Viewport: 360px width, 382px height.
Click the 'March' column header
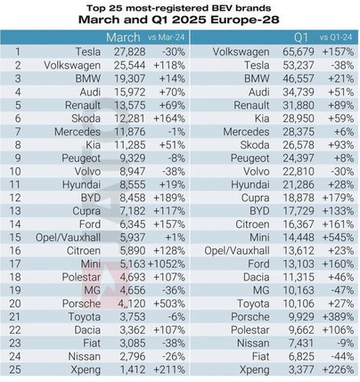click(x=123, y=37)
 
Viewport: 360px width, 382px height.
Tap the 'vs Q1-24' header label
click(x=336, y=37)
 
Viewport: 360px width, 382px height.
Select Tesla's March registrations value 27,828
click(x=130, y=52)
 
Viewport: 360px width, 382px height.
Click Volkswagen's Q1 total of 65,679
click(x=299, y=52)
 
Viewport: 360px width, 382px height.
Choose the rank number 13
click(x=15, y=211)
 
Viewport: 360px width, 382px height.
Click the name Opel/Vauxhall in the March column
click(x=68, y=238)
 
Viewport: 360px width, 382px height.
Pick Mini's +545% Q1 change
click(x=338, y=238)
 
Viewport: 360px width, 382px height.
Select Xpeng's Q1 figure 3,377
click(x=301, y=370)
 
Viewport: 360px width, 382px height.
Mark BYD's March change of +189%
click(x=169, y=198)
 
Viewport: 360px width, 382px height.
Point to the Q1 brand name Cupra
click(x=255, y=198)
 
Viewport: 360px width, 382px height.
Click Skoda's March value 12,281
click(x=130, y=118)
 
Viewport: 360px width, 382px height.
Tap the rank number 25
click(x=15, y=370)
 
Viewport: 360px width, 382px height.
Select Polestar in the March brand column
click(x=81, y=277)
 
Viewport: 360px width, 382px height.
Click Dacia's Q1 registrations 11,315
click(x=299, y=277)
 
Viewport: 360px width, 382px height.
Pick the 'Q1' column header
click(x=301, y=37)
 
